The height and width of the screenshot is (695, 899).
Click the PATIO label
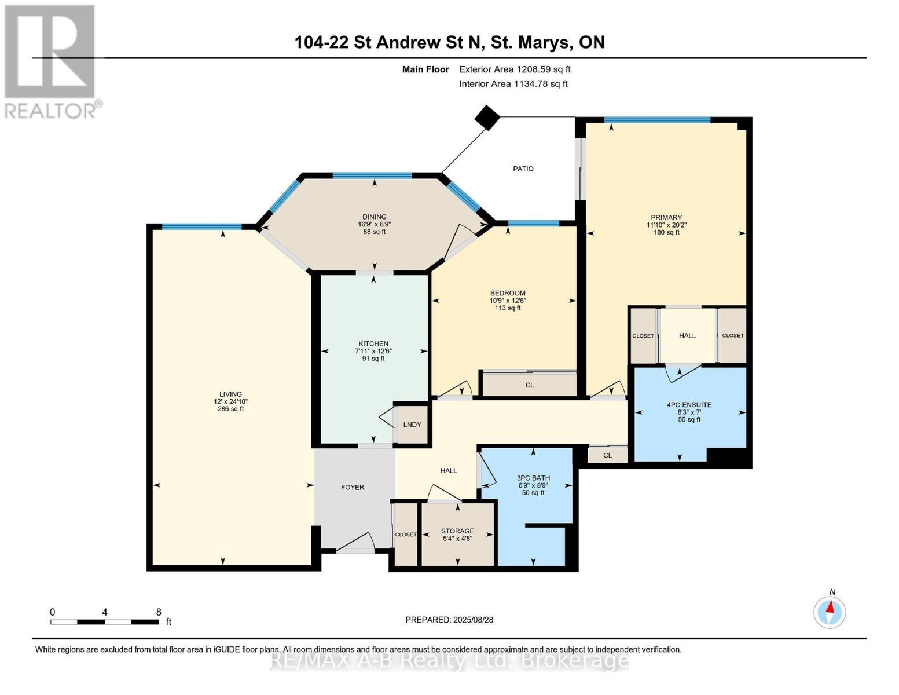523,169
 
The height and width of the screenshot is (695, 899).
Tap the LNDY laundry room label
412,425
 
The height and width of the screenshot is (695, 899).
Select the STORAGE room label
457,531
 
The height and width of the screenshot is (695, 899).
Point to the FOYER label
353,488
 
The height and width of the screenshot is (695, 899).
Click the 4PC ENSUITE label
689,405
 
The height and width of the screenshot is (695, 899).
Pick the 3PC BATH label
533,478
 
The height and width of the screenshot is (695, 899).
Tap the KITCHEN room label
373,343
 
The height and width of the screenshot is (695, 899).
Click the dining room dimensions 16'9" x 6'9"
375,224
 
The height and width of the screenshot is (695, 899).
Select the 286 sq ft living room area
231,409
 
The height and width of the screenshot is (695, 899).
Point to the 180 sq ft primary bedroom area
666,232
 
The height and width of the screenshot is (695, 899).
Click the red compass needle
830,607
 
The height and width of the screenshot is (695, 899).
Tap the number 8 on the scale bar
159,612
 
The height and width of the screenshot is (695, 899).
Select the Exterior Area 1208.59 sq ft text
515,69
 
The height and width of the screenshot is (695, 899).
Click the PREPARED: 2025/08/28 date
449,620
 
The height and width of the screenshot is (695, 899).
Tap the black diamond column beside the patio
487,118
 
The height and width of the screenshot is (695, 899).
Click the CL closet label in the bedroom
530,385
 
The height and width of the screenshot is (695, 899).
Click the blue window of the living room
201,226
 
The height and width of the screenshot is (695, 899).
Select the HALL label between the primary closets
687,336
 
